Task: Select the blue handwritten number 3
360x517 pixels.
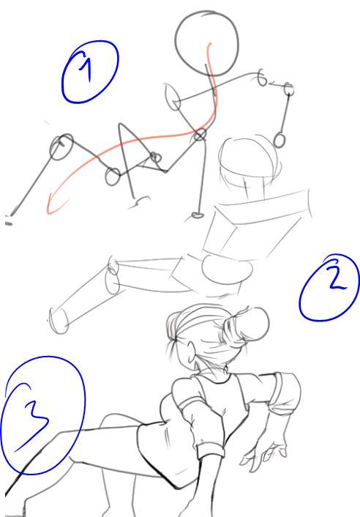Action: (x=31, y=416)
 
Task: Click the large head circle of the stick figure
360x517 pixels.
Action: (x=207, y=43)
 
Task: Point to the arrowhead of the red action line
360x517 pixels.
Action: (x=53, y=205)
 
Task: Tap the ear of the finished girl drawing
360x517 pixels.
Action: (x=191, y=354)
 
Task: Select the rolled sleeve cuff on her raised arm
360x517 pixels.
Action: (x=284, y=393)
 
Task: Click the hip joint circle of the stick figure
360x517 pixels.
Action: (x=200, y=135)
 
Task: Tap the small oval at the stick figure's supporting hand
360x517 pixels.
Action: (x=198, y=215)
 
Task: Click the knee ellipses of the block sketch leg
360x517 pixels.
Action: (x=113, y=276)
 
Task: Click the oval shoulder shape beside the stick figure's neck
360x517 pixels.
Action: (x=173, y=97)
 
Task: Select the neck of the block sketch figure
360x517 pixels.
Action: (x=255, y=189)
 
